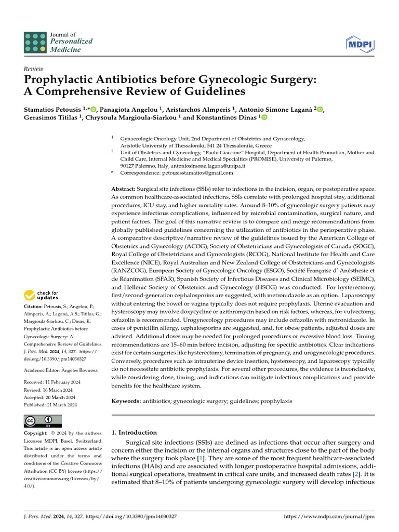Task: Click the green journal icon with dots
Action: click(35, 42)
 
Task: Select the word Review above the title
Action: click(33, 68)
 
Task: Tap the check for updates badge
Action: click(42, 296)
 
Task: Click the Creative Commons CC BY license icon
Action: click(43, 420)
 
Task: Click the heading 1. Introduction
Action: click(134, 432)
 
